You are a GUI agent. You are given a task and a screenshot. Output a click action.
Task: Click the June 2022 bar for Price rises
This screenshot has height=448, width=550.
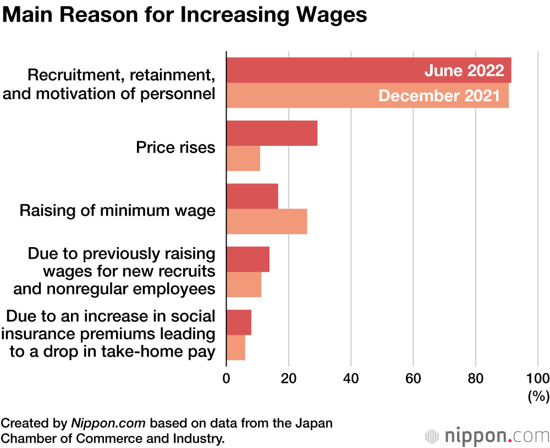pyautogui.click(x=272, y=133)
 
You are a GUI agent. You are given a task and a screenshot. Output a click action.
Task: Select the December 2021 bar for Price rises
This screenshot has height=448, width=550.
pyautogui.click(x=243, y=159)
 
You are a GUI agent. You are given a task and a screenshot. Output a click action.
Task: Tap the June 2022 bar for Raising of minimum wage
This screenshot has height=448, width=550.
pyautogui.click(x=252, y=196)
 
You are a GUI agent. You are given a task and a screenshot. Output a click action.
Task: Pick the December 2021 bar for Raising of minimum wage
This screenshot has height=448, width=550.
pyautogui.click(x=267, y=221)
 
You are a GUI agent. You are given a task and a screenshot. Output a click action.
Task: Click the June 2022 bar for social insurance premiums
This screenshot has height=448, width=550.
pyautogui.click(x=239, y=323)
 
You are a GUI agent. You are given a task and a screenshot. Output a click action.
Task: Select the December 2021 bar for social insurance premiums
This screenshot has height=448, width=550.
pyautogui.click(x=235, y=348)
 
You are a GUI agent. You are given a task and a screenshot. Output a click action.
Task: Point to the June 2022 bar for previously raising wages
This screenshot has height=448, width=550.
pyautogui.click(x=248, y=259)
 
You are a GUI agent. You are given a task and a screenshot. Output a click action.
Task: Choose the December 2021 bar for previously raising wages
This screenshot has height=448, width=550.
pyautogui.click(x=244, y=285)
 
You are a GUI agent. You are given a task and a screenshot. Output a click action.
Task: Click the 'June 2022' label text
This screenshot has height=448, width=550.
pyautogui.click(x=464, y=70)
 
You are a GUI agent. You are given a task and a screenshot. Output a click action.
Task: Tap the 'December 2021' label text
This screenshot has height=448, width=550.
pyautogui.click(x=439, y=96)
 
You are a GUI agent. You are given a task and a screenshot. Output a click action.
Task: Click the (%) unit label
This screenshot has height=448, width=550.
pyautogui.click(x=538, y=395)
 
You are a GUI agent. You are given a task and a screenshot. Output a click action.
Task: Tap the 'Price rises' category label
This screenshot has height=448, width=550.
pyautogui.click(x=175, y=147)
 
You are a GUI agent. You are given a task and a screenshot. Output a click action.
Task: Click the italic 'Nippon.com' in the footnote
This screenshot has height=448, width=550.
pyautogui.click(x=108, y=424)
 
